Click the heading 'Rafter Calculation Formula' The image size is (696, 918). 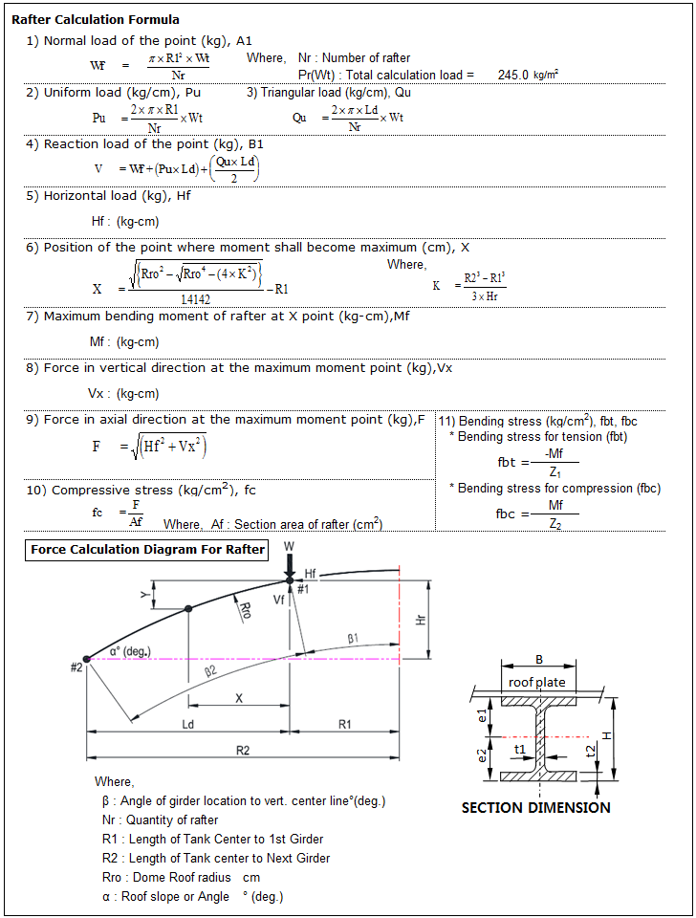(96, 19)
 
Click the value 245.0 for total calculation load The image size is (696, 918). (513, 75)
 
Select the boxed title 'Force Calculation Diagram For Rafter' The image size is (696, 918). (148, 550)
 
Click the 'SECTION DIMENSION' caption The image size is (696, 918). (535, 807)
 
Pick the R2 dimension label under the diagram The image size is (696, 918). (243, 751)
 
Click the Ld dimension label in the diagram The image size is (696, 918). (187, 724)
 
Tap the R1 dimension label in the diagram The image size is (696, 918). (343, 724)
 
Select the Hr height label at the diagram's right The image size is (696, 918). (421, 619)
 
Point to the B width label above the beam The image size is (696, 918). (538, 659)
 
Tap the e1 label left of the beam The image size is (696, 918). (483, 715)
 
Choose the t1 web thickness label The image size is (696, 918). (520, 751)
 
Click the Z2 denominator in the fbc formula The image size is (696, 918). (555, 523)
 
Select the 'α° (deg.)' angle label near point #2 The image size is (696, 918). (130, 651)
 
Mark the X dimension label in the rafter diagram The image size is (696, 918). (239, 698)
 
